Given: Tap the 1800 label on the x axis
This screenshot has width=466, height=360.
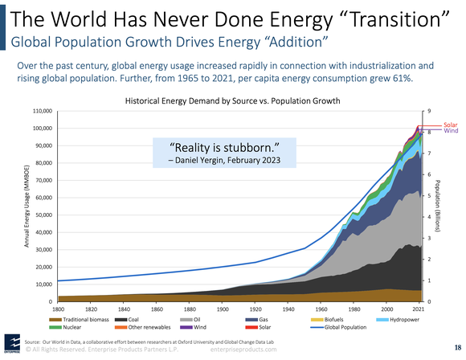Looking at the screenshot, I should (59, 309).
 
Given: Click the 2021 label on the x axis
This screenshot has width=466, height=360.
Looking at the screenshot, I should (419, 309).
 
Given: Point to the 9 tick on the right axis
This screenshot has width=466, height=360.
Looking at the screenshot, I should (429, 111).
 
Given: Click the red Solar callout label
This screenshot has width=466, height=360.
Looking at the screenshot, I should (450, 125).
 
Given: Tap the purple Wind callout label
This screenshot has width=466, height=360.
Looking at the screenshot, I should (450, 130).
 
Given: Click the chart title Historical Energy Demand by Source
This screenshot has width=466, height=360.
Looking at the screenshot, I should (232, 100).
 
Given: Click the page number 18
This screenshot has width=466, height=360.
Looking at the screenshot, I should (456, 347).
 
